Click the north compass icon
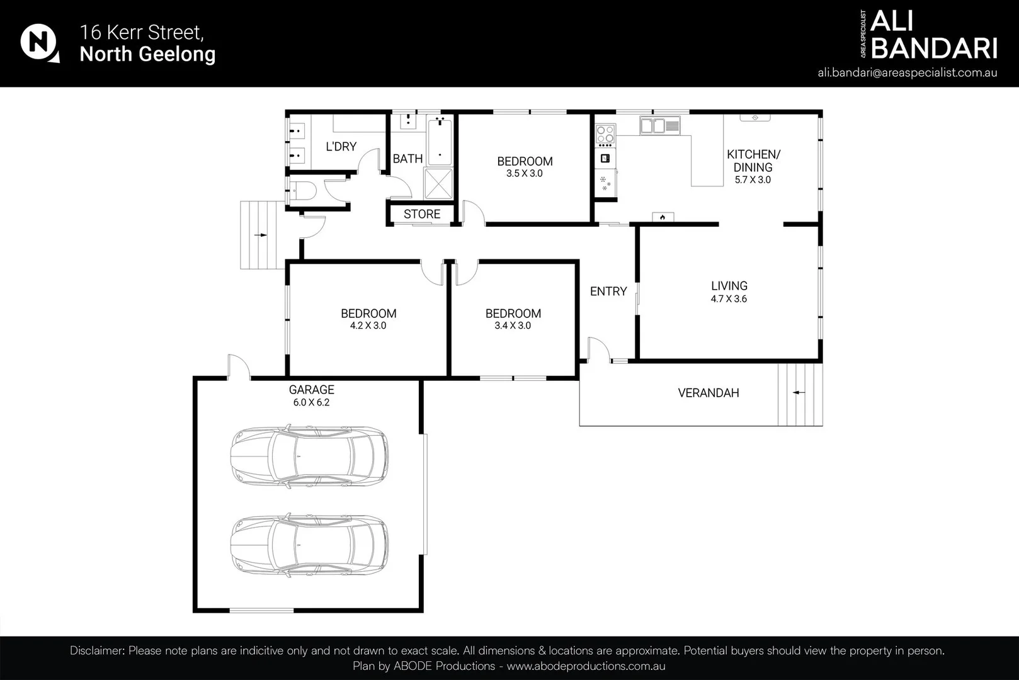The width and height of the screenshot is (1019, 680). click(40, 43)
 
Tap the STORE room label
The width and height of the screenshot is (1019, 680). click(422, 214)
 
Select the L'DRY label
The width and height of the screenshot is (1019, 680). click(341, 147)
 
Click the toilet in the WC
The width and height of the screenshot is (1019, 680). click(302, 191)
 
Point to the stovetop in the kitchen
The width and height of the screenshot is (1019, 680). click(605, 134)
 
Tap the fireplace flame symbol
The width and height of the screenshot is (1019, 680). click(663, 217)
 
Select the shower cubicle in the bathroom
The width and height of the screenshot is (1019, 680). click(438, 183)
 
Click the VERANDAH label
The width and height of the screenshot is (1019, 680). click(709, 393)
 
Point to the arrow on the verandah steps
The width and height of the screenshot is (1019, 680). click(799, 392)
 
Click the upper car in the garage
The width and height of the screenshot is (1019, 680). click(309, 456)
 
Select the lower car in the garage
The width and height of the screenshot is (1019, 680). click(309, 545)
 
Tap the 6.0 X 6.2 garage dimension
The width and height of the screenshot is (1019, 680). click(311, 402)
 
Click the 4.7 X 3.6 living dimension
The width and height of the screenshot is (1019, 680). click(729, 299)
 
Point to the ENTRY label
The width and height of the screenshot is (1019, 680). click(608, 291)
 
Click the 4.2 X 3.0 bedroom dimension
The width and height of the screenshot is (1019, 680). click(368, 326)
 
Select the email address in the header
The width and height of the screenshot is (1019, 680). click(907, 73)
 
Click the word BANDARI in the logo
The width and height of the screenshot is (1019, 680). click(934, 48)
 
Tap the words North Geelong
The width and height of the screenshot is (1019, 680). click(147, 54)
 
